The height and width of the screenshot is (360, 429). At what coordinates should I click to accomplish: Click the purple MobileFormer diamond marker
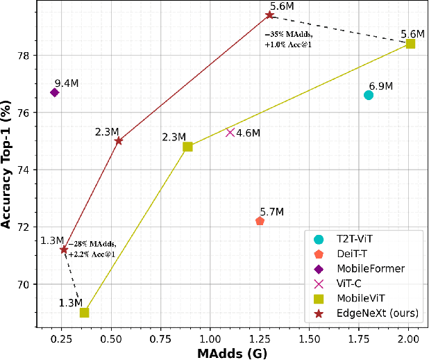pyautogui.click(x=54, y=92)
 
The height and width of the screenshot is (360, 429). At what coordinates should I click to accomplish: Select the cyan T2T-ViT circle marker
pyautogui.click(x=369, y=95)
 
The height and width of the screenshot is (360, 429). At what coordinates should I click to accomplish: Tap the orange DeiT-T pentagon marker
pyautogui.click(x=260, y=221)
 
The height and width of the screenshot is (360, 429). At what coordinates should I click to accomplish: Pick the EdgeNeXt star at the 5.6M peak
pyautogui.click(x=269, y=15)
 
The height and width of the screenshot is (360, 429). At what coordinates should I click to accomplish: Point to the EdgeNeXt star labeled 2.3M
pyautogui.click(x=119, y=140)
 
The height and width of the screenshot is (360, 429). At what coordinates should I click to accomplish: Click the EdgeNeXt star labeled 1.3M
pyautogui.click(x=63, y=249)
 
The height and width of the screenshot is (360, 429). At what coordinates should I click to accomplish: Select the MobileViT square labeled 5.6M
pyautogui.click(x=410, y=43)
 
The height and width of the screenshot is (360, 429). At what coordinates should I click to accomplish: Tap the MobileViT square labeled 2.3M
pyautogui.click(x=187, y=147)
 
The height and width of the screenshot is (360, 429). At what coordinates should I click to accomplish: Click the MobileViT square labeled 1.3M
pyautogui.click(x=84, y=313)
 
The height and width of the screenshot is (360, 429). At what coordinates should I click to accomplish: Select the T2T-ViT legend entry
pyautogui.click(x=355, y=238)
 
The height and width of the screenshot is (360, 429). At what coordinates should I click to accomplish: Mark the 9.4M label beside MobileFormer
pyautogui.click(x=67, y=83)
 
